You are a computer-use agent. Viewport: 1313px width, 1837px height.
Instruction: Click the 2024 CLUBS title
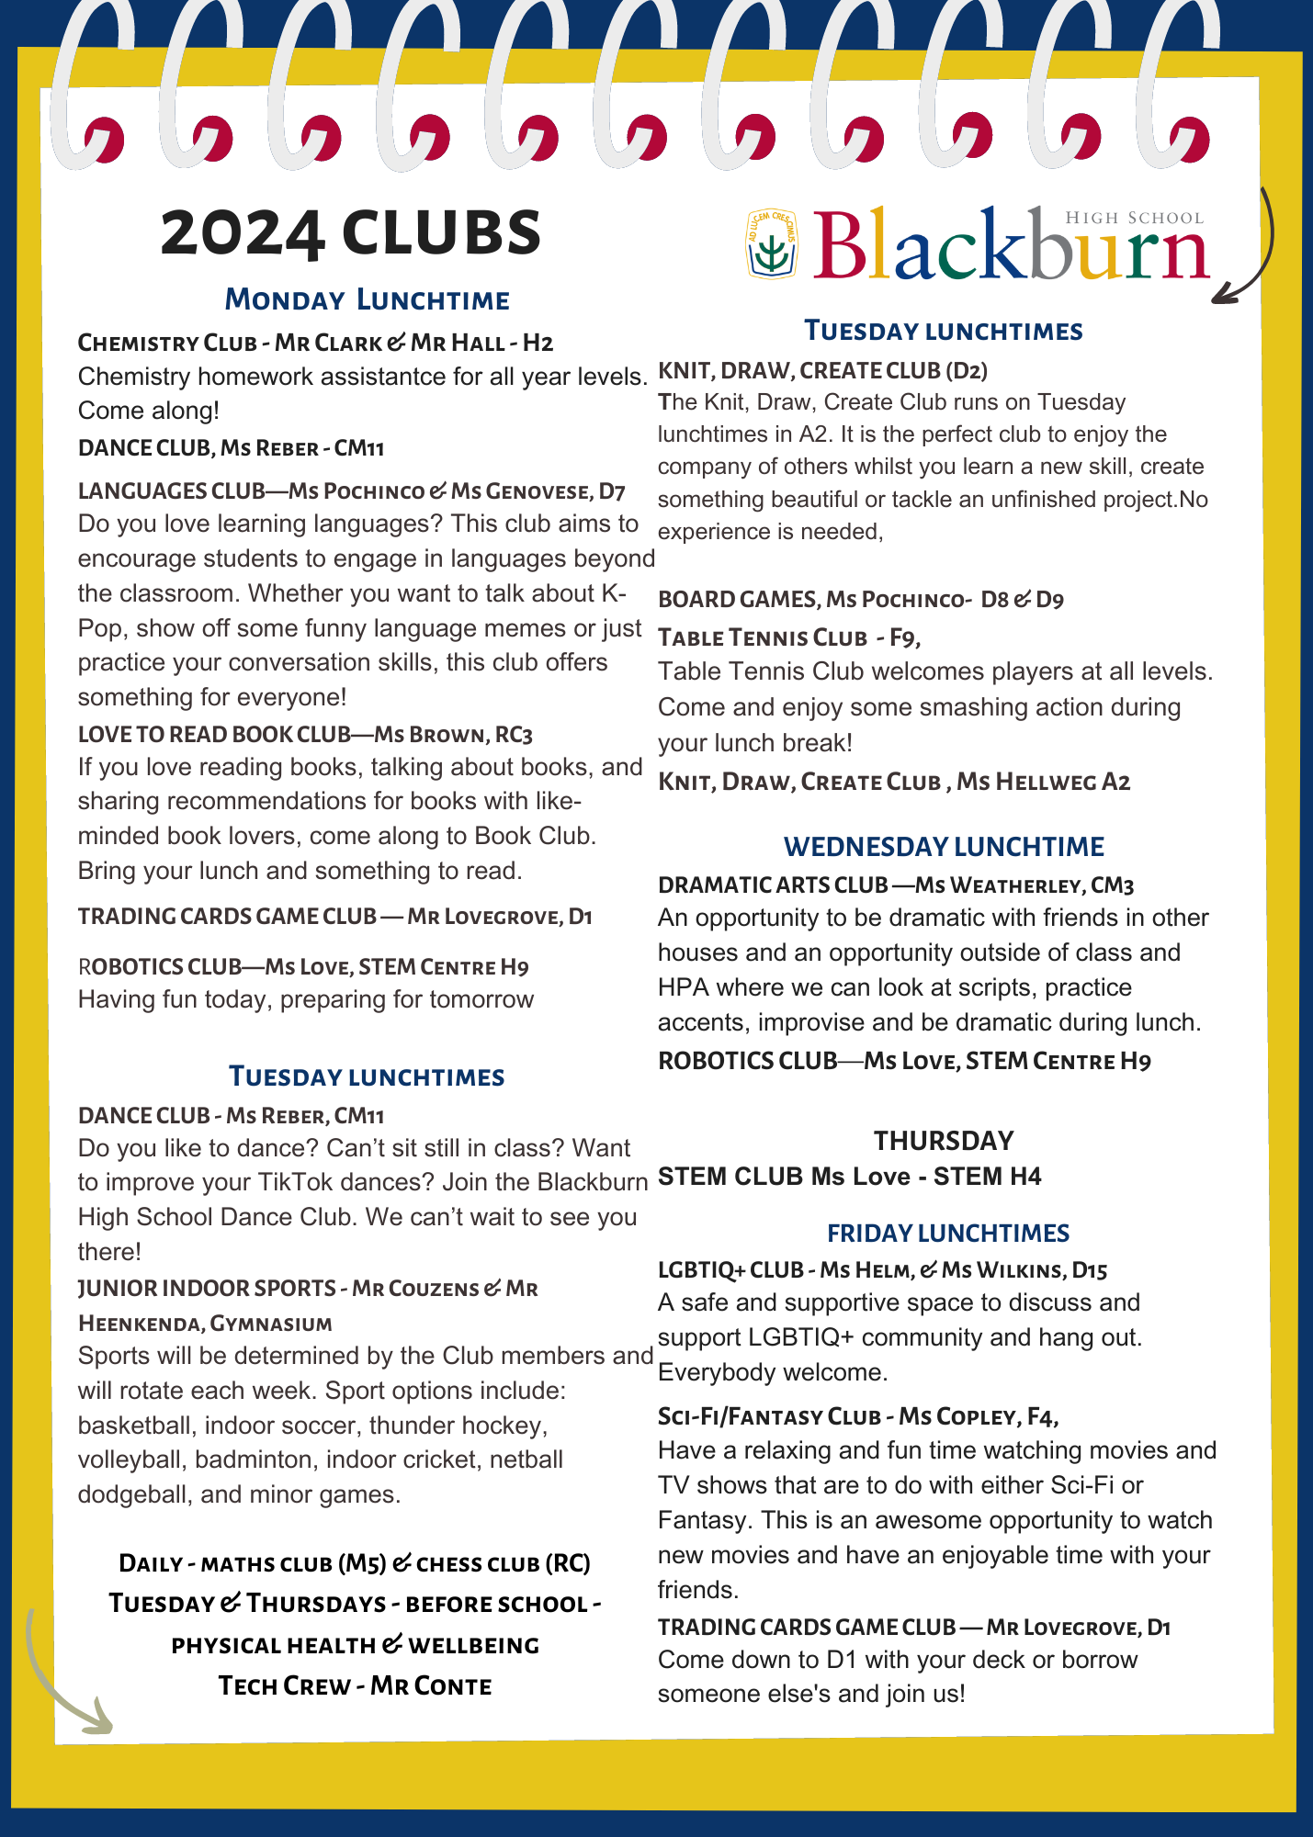point(350,233)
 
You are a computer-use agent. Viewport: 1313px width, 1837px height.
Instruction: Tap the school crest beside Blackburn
point(771,243)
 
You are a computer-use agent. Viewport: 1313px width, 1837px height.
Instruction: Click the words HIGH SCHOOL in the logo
point(1134,219)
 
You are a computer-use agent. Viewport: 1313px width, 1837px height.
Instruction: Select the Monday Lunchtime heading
point(367,300)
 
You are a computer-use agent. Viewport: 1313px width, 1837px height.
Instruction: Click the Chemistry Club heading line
point(315,344)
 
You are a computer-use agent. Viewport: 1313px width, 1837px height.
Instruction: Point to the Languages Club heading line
point(351,491)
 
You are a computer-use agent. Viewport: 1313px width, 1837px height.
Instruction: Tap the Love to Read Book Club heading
point(305,735)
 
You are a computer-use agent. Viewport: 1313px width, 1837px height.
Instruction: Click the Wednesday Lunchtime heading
point(944,847)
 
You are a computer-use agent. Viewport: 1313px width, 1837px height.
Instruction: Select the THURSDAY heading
point(944,1141)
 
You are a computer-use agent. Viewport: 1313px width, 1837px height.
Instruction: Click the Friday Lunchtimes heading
point(948,1234)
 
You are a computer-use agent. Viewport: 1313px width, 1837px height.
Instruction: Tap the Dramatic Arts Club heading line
point(896,885)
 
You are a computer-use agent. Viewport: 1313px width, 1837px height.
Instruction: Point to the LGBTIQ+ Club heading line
point(882,1270)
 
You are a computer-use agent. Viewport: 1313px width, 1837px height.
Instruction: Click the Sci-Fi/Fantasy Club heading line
point(858,1416)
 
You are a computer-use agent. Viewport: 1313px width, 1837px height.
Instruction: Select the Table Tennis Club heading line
point(789,637)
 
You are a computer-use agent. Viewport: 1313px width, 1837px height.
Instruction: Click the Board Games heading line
point(861,600)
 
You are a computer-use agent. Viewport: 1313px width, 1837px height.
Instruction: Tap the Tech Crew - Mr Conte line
point(355,1686)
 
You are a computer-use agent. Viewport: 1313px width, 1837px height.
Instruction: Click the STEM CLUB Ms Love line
point(850,1177)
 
